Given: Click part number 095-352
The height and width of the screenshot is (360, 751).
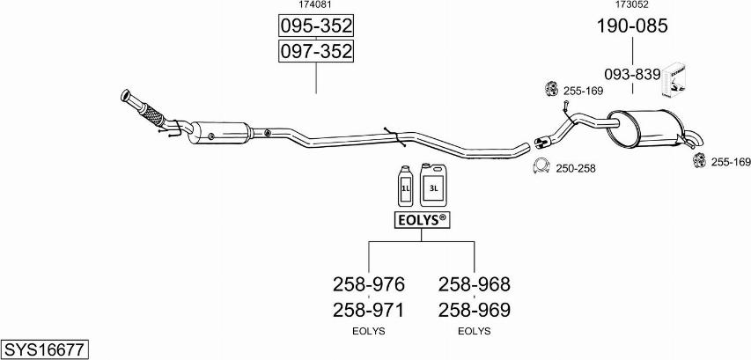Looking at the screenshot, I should click(x=316, y=26).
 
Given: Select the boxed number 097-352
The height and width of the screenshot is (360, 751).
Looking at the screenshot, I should click(x=316, y=52).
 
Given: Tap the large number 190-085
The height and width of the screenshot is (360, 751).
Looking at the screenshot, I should click(x=632, y=26).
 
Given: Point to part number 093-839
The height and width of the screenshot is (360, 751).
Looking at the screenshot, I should click(x=632, y=75).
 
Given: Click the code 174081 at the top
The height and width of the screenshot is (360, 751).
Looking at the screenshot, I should click(x=316, y=5).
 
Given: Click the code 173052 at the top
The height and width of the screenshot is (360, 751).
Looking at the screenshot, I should click(x=632, y=5).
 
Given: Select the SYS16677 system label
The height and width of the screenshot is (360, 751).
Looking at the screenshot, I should click(x=44, y=349).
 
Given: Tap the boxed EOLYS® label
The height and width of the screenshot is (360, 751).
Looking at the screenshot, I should click(x=421, y=220).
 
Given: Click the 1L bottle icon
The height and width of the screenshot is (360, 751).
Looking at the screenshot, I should click(x=406, y=186).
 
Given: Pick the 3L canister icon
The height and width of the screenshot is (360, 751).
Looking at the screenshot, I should click(x=434, y=184).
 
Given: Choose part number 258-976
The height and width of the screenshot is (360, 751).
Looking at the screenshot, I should click(x=369, y=284).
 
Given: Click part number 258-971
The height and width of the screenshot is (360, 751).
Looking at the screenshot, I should click(x=369, y=310).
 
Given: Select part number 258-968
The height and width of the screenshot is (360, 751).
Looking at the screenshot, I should click(x=475, y=284).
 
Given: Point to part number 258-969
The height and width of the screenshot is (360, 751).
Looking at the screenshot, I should click(x=475, y=310).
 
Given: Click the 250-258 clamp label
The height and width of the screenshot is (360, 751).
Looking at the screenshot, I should click(x=576, y=168).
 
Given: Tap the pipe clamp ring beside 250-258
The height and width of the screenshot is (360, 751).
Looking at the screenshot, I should click(x=542, y=166).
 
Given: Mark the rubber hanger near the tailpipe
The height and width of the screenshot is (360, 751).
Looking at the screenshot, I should click(x=702, y=160).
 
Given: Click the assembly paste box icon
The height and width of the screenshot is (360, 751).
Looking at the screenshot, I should click(x=676, y=78).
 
